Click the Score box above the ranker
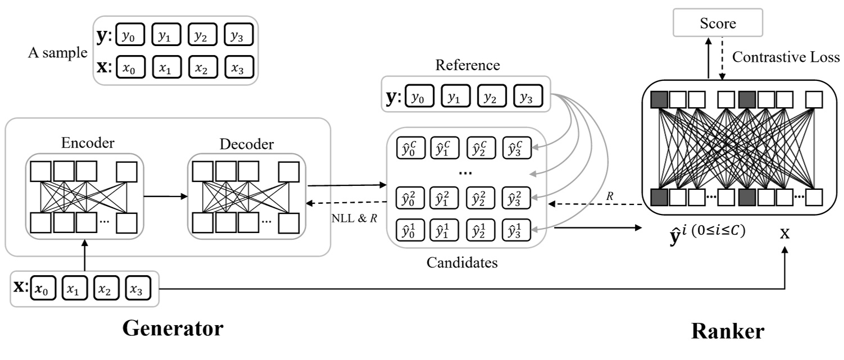pos(717,24)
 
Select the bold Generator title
pos(173,329)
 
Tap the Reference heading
pos(468,65)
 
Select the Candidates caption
pos(462,262)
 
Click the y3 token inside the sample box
pos(238,35)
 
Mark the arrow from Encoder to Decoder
pos(165,196)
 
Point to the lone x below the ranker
pos(784,233)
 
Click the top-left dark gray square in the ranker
pos(659,99)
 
